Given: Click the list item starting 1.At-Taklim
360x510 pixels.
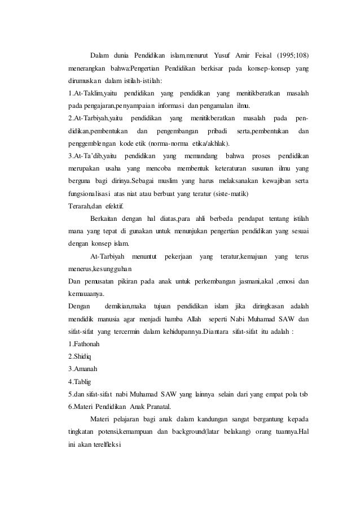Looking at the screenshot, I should (x=89, y=93).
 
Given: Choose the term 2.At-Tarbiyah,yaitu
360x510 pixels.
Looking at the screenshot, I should (x=91, y=118).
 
